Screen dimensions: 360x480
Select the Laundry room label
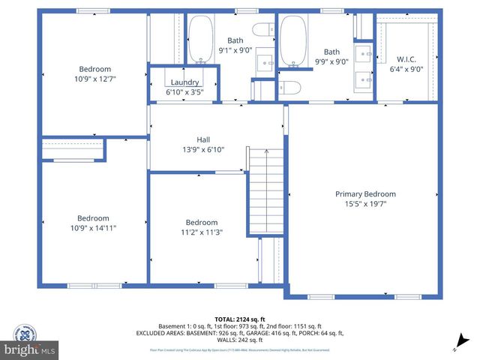click(184, 82)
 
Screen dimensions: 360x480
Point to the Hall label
click(203, 139)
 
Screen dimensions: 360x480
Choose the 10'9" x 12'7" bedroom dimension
click(94, 78)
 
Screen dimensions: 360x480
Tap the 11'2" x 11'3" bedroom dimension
click(202, 232)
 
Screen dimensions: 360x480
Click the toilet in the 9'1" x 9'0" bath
click(262, 30)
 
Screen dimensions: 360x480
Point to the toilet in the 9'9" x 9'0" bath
click(292, 88)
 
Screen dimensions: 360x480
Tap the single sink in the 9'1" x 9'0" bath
click(265, 61)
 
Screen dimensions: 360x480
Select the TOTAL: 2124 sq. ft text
click(239, 319)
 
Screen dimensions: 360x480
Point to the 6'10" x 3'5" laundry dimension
click(184, 91)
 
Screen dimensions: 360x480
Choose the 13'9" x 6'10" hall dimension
click(203, 150)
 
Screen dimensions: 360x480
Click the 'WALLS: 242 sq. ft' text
click(239, 340)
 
